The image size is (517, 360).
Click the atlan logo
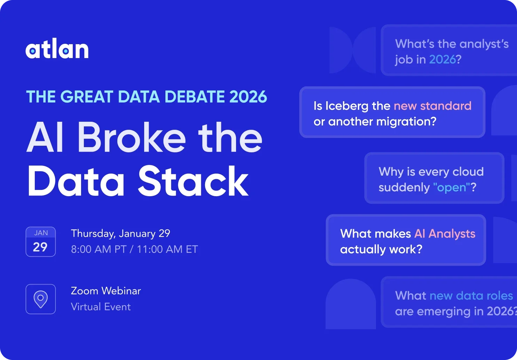(57, 50)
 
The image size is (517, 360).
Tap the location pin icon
(40, 299)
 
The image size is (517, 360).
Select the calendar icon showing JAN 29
(40, 242)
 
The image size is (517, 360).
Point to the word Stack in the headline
(193, 181)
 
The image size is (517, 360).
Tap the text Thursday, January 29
(120, 233)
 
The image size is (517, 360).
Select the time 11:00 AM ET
(167, 249)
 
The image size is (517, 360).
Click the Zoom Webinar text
(106, 291)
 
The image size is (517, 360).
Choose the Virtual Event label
(101, 307)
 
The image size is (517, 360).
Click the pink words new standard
(432, 106)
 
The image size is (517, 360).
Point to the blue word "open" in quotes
(452, 187)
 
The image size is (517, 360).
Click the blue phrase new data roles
(471, 296)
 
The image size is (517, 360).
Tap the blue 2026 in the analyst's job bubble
(442, 59)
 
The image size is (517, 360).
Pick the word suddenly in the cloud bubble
(404, 187)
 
